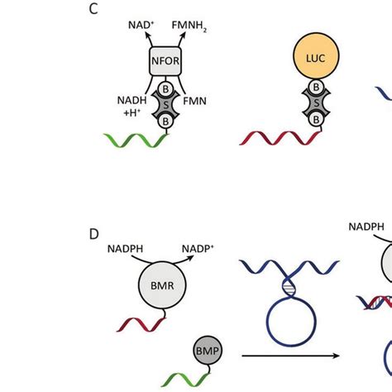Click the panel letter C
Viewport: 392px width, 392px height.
click(x=94, y=12)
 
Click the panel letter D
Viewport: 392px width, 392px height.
click(x=94, y=234)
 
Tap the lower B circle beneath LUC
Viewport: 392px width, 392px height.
click(x=315, y=120)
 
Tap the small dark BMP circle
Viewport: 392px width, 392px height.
click(x=208, y=350)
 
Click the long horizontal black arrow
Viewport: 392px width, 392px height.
click(x=291, y=379)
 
